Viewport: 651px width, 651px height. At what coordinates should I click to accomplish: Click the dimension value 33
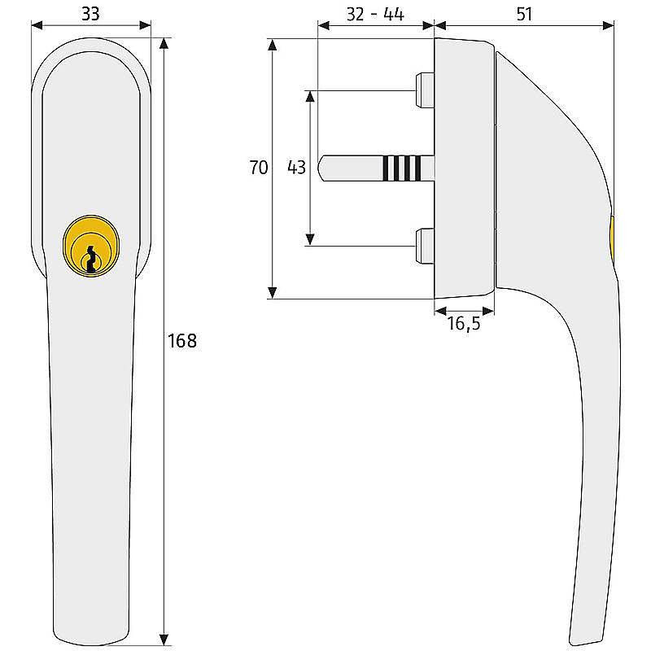[x=90, y=14]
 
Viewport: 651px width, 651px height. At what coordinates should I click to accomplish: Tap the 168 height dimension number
[x=181, y=341]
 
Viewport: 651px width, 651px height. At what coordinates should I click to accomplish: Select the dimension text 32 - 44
[x=375, y=15]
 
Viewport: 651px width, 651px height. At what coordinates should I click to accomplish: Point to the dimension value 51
[x=524, y=14]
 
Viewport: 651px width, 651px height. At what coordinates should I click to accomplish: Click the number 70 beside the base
[x=258, y=168]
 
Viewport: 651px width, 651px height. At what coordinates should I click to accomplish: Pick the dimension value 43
[x=296, y=168]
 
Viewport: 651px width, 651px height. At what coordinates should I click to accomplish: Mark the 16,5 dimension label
[x=464, y=323]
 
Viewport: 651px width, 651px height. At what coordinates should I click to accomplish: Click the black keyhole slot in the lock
[x=91, y=259]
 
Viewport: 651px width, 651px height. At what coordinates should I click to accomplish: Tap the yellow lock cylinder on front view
[x=91, y=246]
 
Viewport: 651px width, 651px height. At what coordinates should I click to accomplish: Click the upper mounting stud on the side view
[x=425, y=90]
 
